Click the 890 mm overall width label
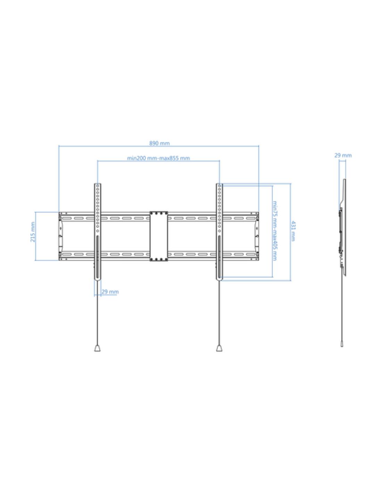click(x=159, y=143)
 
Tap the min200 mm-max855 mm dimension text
click(x=158, y=158)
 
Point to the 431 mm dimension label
click(x=293, y=231)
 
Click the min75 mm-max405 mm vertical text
click(x=275, y=231)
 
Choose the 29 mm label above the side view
click(x=343, y=156)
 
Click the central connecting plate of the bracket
click(x=159, y=236)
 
